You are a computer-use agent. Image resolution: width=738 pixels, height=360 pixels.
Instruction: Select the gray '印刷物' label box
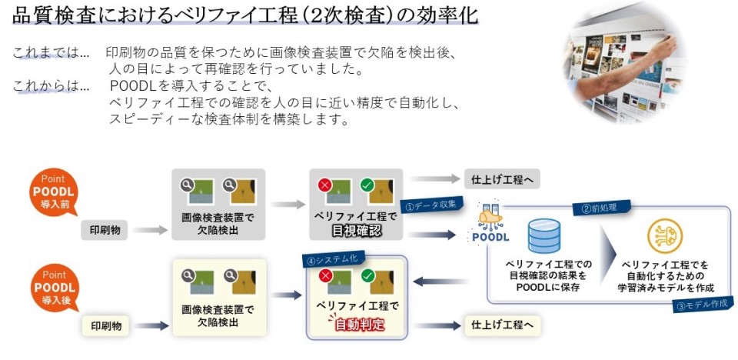(106, 229)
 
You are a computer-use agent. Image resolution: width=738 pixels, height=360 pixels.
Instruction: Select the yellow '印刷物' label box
(106, 326)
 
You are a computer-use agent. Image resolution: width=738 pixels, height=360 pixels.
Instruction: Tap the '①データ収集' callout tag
(431, 205)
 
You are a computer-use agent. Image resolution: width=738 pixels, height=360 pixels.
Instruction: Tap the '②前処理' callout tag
(600, 208)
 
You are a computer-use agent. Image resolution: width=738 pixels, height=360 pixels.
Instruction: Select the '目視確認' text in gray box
(356, 231)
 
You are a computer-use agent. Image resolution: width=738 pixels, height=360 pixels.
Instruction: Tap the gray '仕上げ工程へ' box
(502, 180)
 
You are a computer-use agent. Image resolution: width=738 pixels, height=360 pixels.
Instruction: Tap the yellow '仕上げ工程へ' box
(502, 325)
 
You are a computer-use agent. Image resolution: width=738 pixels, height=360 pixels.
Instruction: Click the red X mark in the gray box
(324, 185)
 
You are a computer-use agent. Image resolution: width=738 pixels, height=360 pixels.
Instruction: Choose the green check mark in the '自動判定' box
(367, 275)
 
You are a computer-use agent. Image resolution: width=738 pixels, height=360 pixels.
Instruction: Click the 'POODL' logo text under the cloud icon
(490, 237)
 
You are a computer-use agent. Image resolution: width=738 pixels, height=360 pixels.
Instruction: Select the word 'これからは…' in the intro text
(51, 86)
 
